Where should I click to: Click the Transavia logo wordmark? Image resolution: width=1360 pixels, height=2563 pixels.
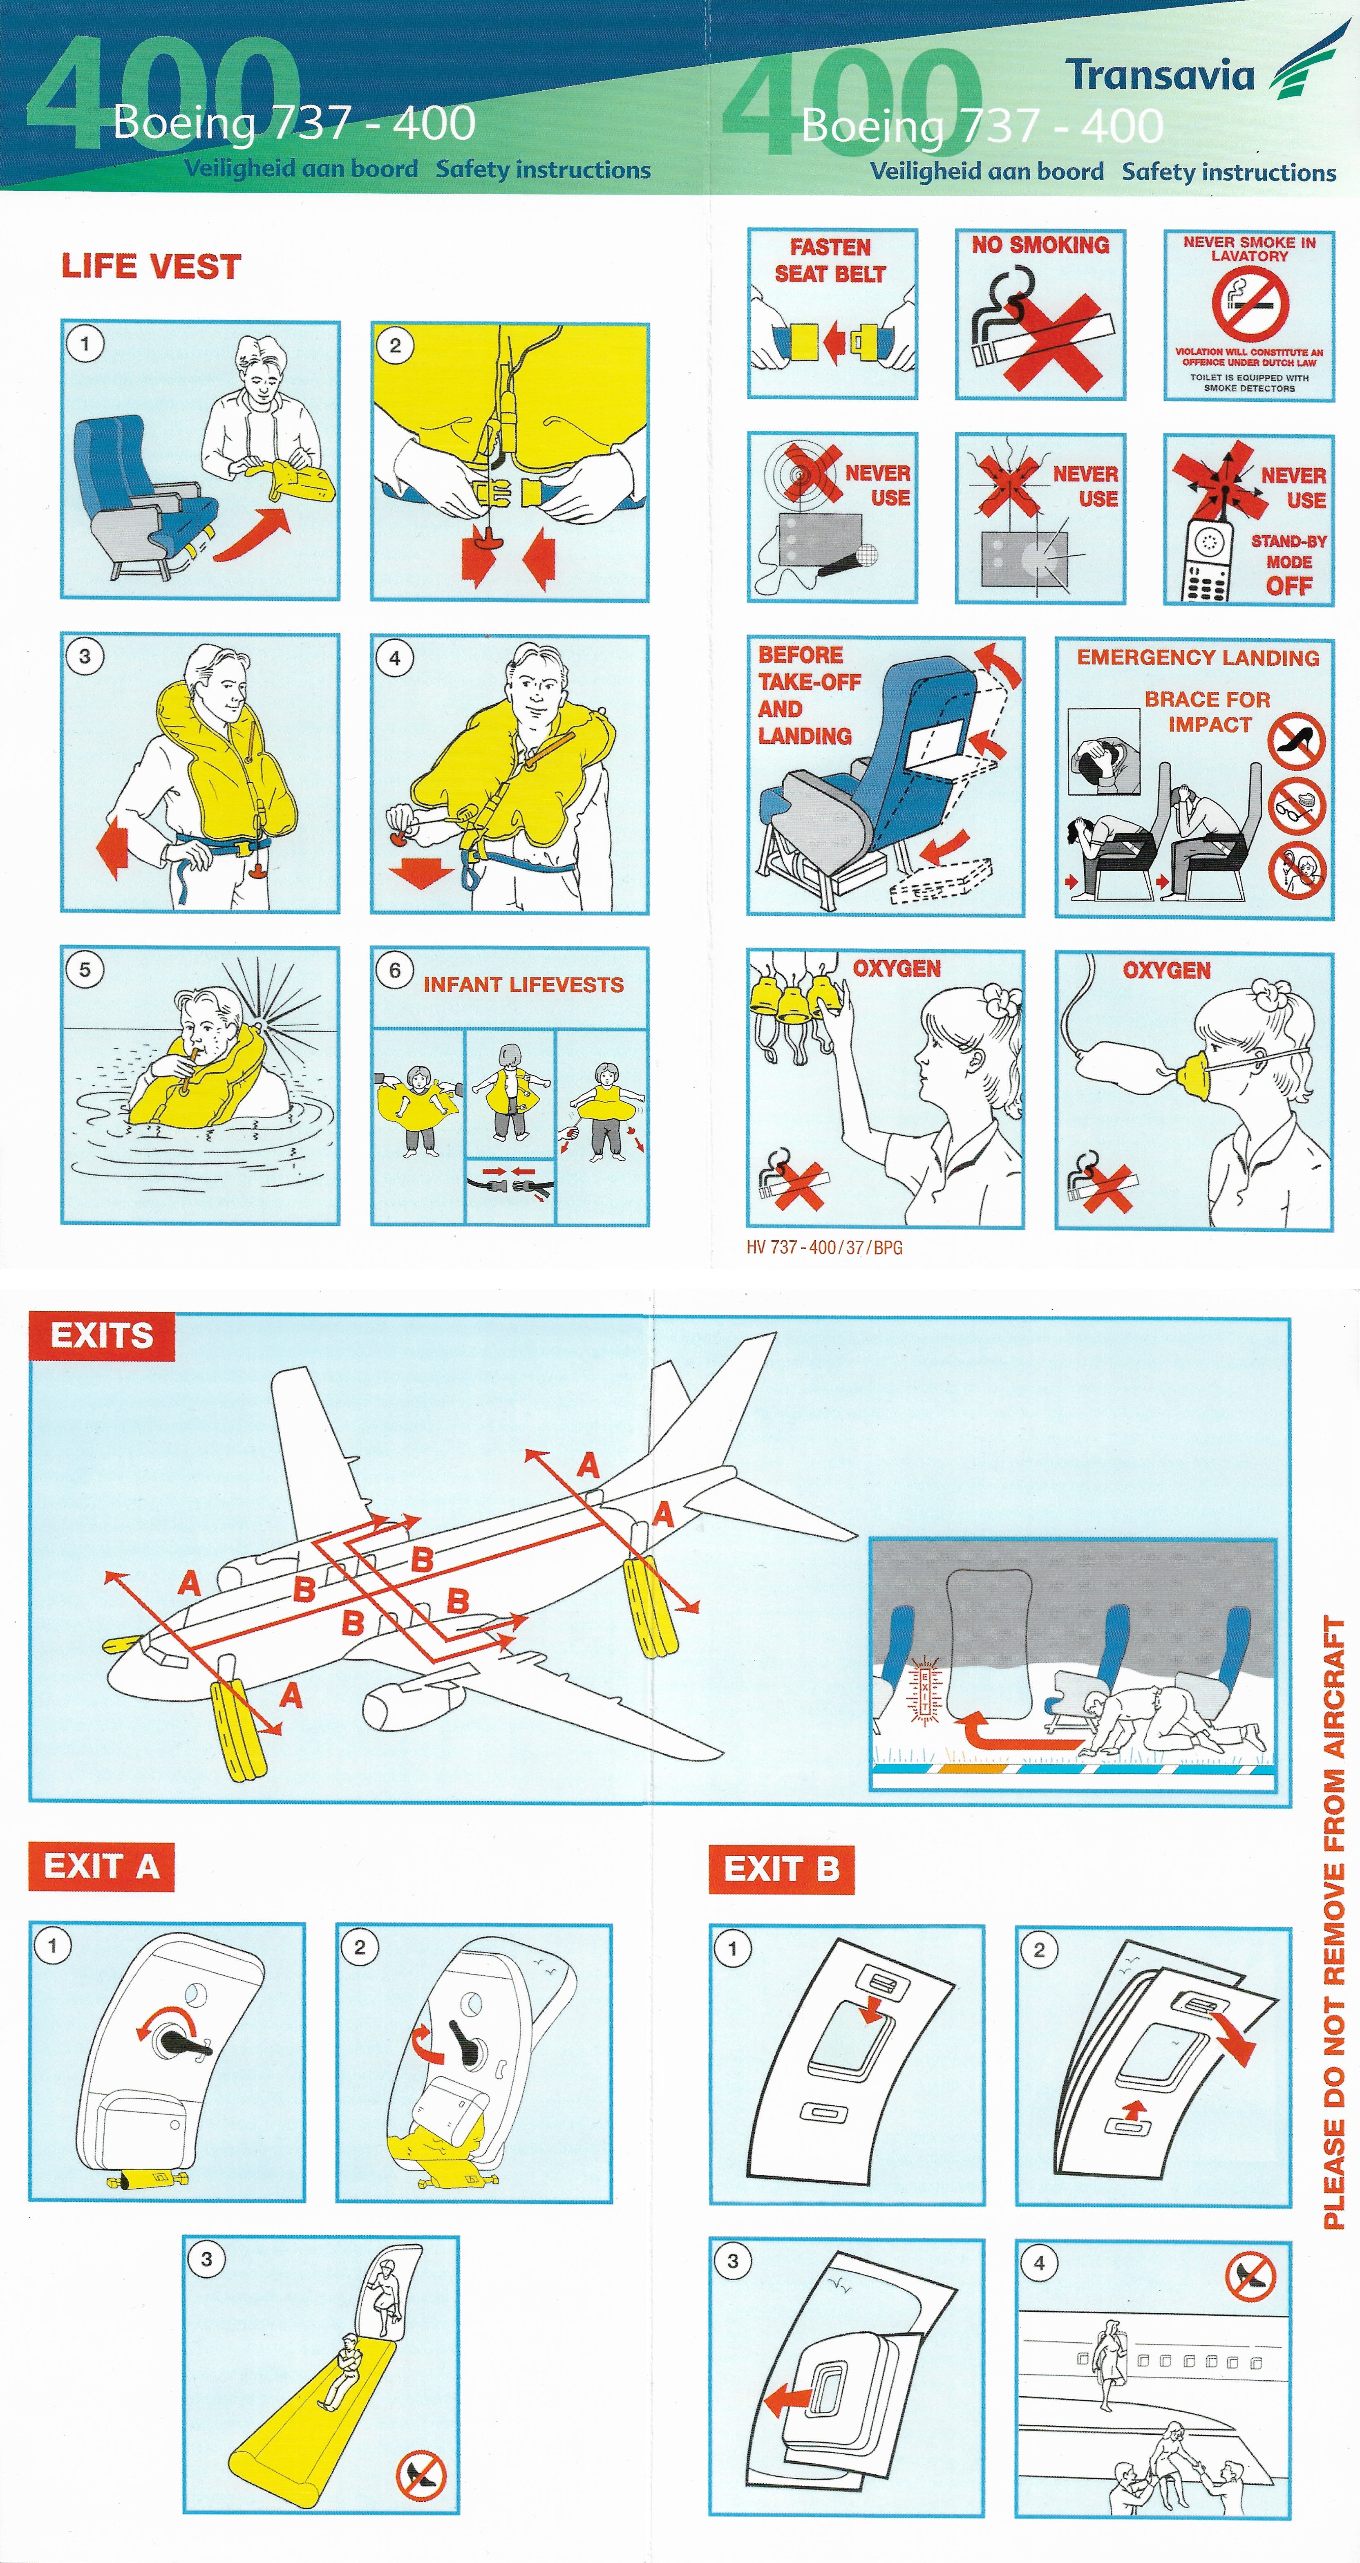[1159, 75]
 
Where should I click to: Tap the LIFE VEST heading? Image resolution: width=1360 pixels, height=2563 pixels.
[151, 267]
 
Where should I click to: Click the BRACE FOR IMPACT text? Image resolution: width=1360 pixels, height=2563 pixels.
[1208, 711]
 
